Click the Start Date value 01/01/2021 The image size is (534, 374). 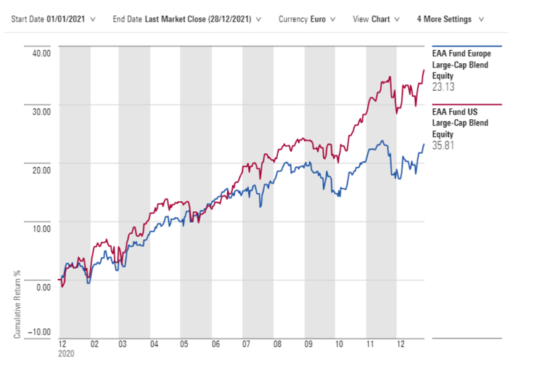67,19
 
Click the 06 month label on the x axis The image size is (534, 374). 215,345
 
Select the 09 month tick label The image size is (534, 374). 308,345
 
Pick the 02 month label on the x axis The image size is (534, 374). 93,345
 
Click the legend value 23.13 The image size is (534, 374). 444,86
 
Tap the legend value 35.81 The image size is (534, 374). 444,145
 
